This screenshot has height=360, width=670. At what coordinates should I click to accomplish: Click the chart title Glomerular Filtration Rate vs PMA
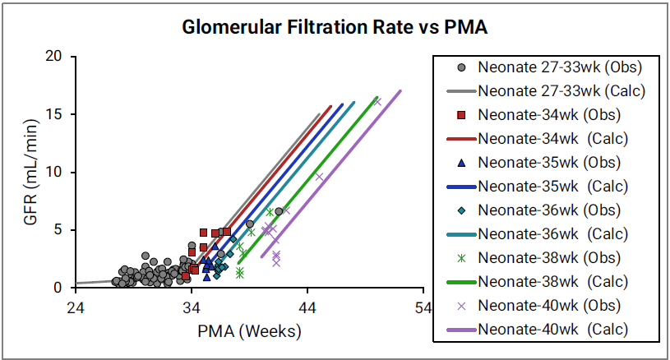coord(335,28)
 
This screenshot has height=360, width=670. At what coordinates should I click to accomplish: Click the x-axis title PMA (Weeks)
coord(250,332)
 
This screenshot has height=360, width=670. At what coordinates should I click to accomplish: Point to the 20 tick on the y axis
coord(57,57)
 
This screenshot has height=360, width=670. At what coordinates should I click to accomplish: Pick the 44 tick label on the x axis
coord(308,308)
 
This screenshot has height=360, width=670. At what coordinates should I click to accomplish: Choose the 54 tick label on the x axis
coord(424,308)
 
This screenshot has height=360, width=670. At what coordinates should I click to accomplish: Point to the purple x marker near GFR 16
coord(377,101)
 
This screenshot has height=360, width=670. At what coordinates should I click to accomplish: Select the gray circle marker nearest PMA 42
coord(279,212)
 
